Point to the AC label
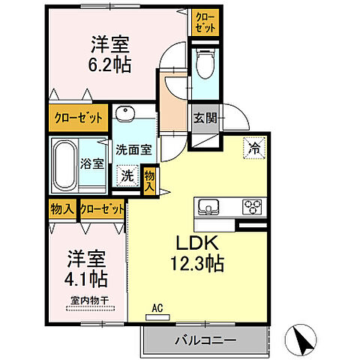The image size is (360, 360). click(157, 307)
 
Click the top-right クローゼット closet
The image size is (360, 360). click(205, 21)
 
